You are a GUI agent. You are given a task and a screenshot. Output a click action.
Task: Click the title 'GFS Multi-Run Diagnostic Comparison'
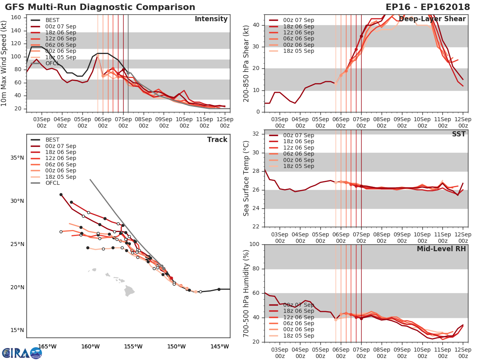click(100, 7)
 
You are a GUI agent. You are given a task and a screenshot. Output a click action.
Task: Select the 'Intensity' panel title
click(211, 19)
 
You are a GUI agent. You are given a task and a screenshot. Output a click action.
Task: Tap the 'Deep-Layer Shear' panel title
click(432, 19)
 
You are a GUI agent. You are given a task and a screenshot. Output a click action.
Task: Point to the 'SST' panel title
click(458, 134)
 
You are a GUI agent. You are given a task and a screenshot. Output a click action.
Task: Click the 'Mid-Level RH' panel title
click(441, 249)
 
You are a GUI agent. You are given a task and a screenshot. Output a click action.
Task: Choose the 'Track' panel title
click(217, 140)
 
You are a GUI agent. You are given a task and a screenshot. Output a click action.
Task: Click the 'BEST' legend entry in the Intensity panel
click(52, 20)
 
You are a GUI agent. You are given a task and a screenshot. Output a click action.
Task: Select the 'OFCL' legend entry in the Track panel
click(52, 183)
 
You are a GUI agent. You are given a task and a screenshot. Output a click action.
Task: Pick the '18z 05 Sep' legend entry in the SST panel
click(298, 166)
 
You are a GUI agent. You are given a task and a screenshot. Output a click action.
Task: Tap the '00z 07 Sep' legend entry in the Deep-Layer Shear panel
click(298, 20)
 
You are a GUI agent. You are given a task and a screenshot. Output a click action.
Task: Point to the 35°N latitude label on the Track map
click(17, 158)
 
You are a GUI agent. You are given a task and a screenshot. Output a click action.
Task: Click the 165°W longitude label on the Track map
click(47, 347)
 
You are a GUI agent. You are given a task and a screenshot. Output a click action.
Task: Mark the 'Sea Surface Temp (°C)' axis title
click(246, 178)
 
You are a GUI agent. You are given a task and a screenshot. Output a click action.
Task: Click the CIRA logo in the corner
click(22, 353)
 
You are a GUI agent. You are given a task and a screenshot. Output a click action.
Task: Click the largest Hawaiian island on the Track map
click(129, 291)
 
